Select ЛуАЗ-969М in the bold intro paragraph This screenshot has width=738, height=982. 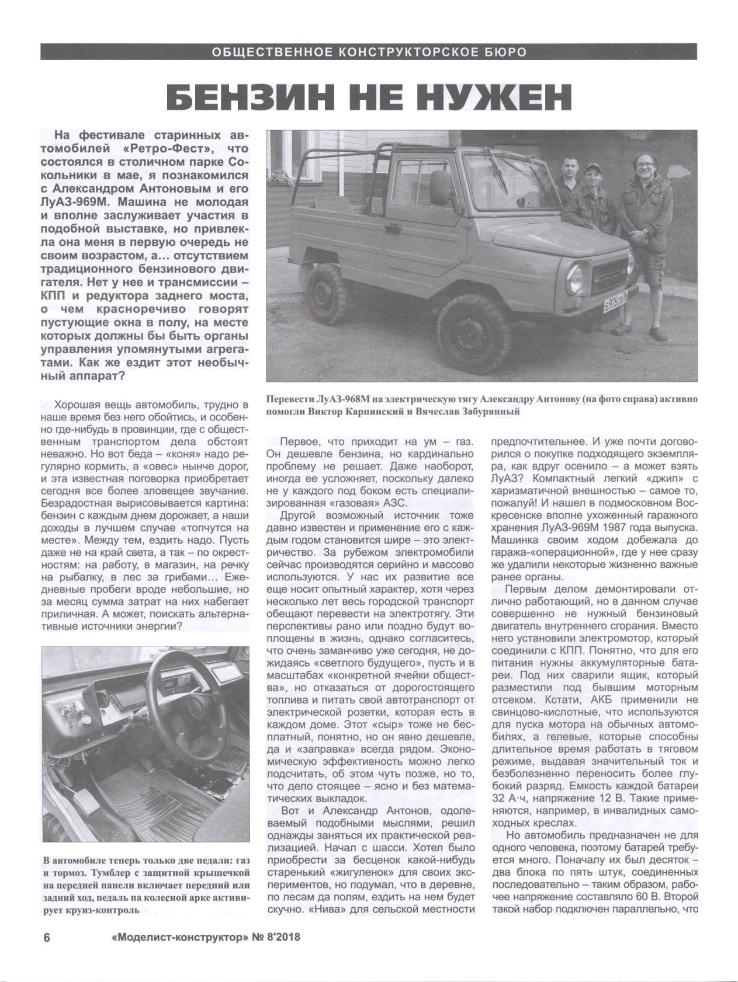81,203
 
